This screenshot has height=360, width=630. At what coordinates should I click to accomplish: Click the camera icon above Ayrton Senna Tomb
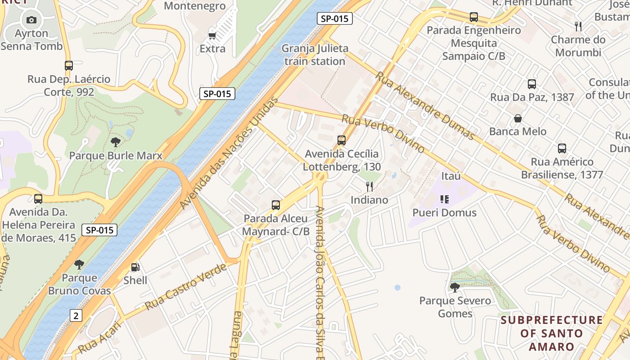tap(31, 20)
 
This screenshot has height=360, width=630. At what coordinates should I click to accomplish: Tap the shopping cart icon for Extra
tap(212, 35)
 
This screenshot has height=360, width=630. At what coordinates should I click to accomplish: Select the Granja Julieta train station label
tap(315, 55)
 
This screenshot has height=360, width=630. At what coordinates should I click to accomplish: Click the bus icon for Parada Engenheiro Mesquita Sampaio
tap(474, 17)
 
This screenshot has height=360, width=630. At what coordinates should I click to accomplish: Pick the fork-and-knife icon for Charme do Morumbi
tap(578, 27)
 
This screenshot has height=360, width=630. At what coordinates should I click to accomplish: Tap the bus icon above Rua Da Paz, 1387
tap(532, 84)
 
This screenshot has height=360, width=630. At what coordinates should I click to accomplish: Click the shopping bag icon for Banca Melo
tap(518, 119)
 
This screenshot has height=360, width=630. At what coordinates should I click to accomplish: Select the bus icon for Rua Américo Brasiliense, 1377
tap(562, 148)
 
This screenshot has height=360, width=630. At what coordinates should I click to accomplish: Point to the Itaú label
tap(451, 176)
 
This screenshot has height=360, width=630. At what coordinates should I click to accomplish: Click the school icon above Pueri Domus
tap(445, 199)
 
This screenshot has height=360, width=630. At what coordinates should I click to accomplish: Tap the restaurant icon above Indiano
tap(369, 186)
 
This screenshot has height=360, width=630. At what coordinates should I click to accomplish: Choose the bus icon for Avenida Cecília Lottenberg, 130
tap(342, 140)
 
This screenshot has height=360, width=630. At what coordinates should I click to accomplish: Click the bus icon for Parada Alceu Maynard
tap(276, 206)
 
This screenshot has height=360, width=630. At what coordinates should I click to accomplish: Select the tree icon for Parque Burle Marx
tap(116, 143)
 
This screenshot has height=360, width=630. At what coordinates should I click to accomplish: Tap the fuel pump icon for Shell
tap(135, 267)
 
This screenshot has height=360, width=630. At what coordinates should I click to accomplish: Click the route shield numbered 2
tap(76, 315)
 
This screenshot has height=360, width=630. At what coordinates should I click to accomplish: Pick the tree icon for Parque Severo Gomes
tap(455, 287)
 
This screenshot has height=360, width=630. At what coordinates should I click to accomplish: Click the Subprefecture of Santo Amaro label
tap(552, 333)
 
